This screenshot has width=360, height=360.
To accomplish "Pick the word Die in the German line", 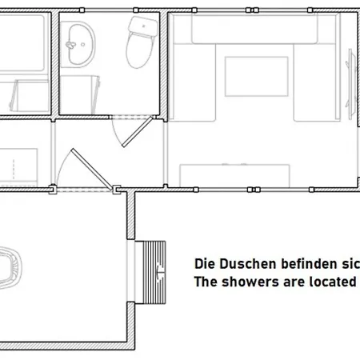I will point(205,263).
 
